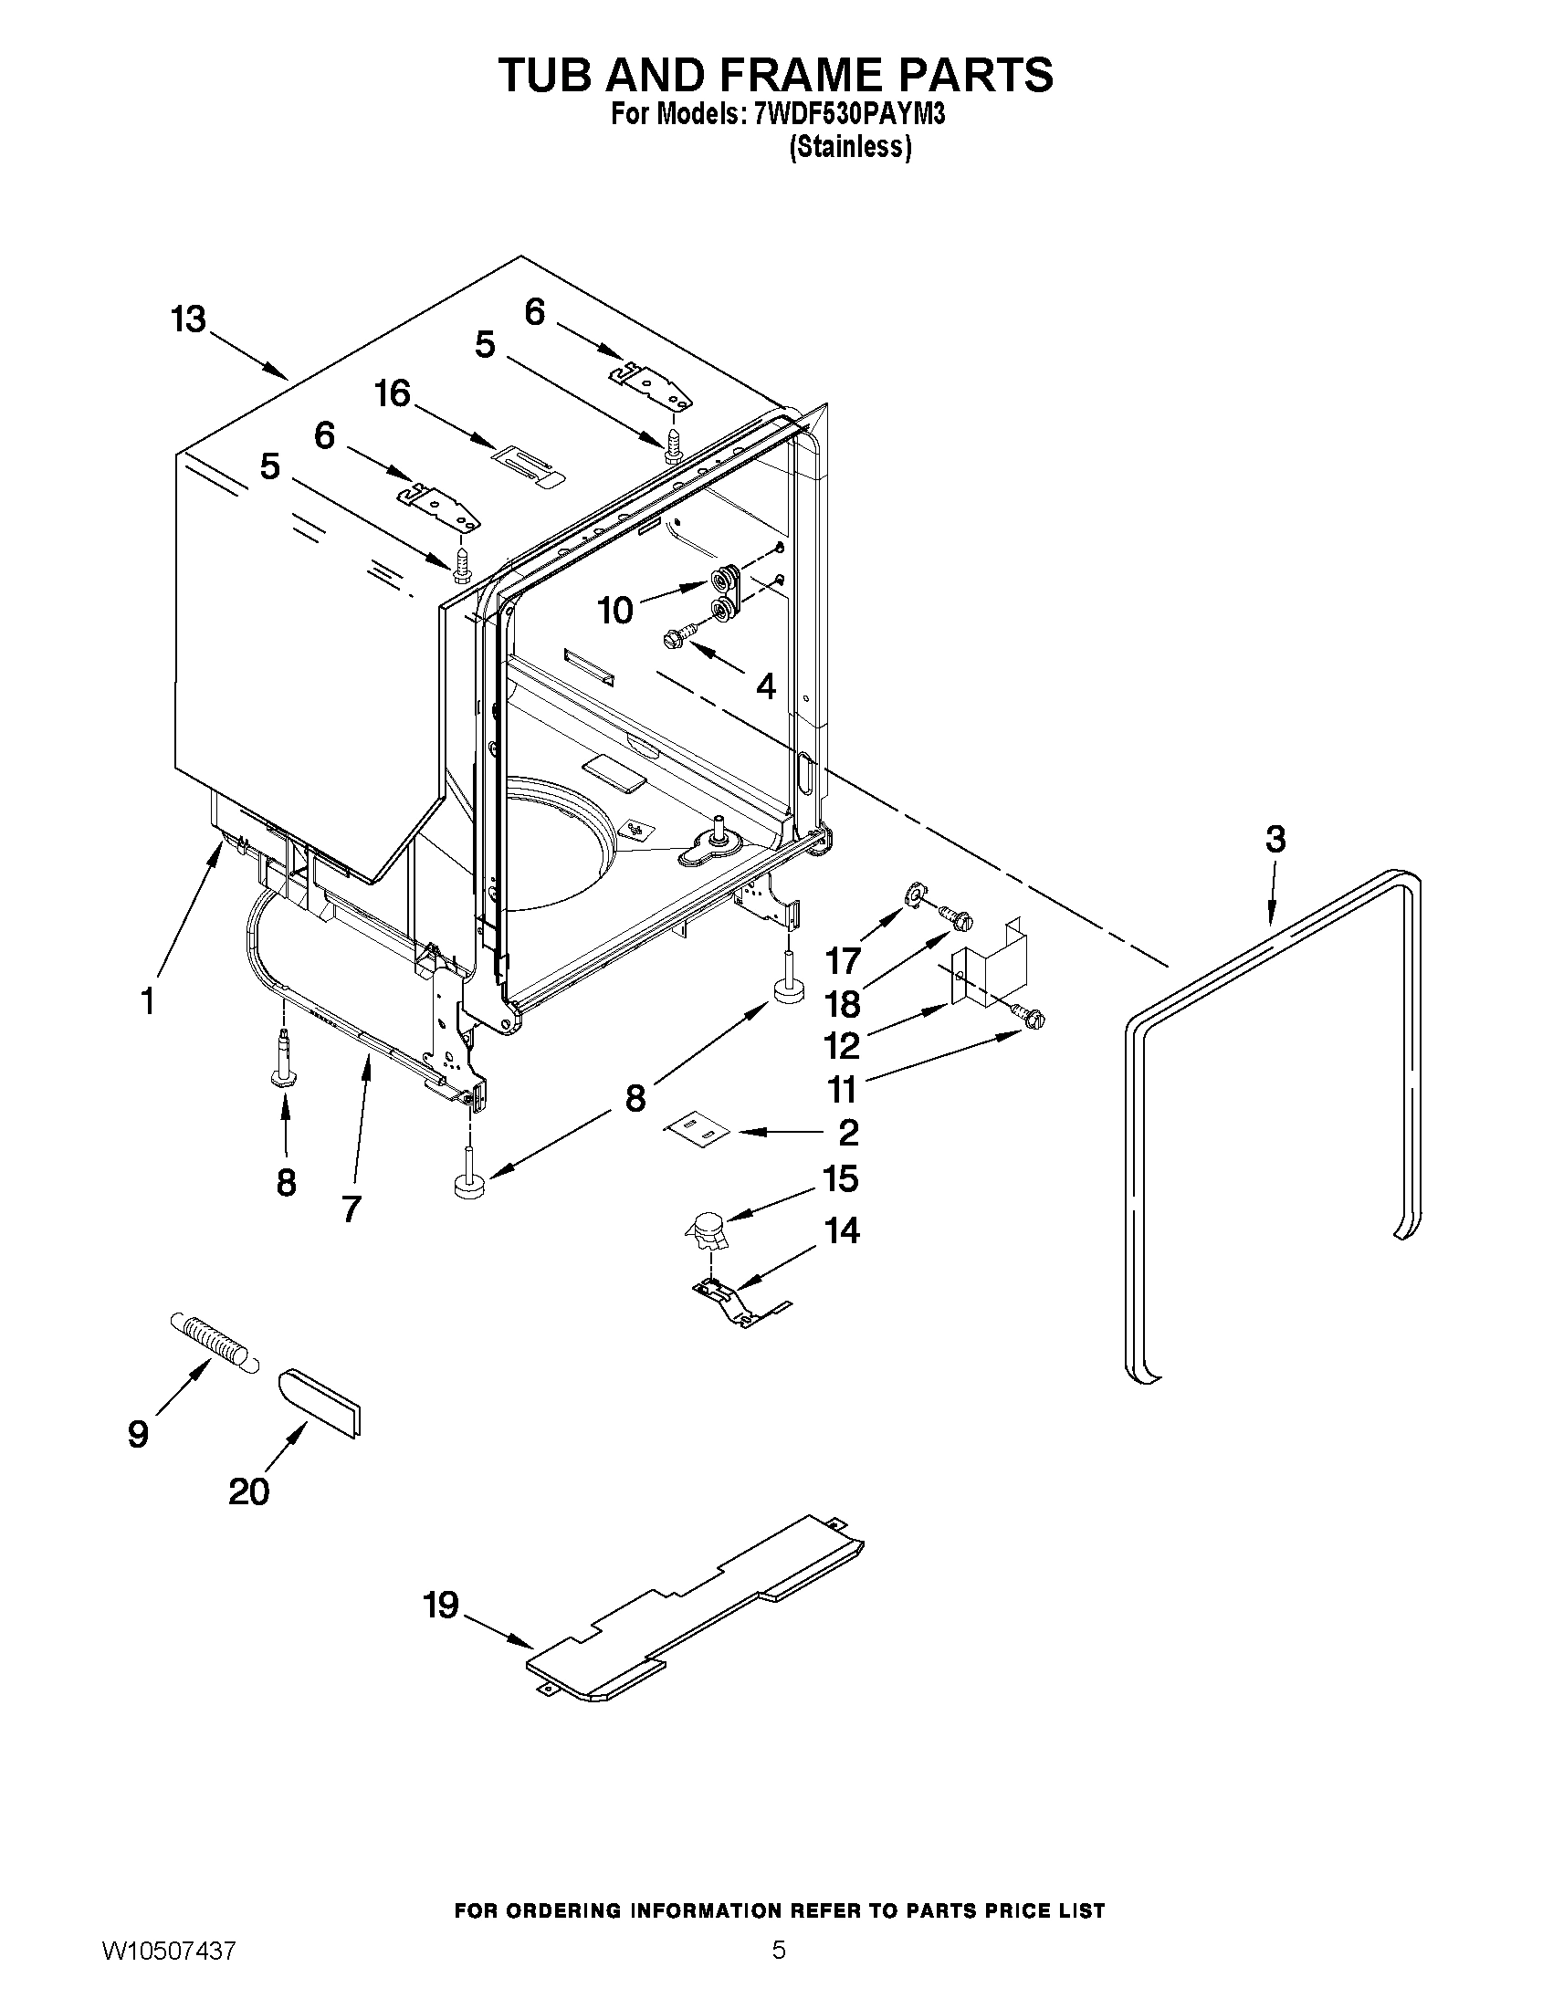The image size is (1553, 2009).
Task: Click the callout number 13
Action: click(189, 320)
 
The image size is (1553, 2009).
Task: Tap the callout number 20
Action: click(248, 1491)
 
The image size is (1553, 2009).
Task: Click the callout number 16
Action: click(393, 394)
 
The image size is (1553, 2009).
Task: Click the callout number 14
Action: click(842, 1229)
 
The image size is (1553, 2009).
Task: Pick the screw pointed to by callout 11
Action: click(1029, 1017)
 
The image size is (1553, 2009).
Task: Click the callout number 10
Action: click(615, 610)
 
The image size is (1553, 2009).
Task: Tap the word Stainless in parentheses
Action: click(851, 147)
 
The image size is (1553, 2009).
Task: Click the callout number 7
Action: click(351, 1209)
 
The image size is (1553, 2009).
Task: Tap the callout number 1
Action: click(148, 1000)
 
